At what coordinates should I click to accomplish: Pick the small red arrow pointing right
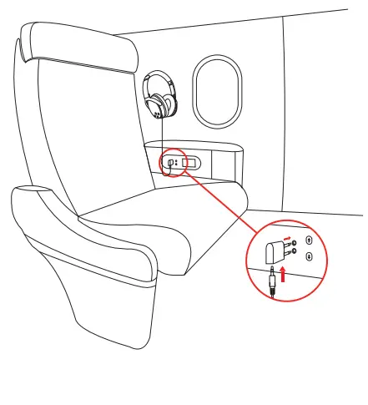(x=289, y=237)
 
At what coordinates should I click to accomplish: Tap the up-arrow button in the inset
(x=309, y=243)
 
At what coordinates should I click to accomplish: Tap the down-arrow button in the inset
(x=309, y=258)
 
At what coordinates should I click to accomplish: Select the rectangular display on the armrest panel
(x=189, y=163)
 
